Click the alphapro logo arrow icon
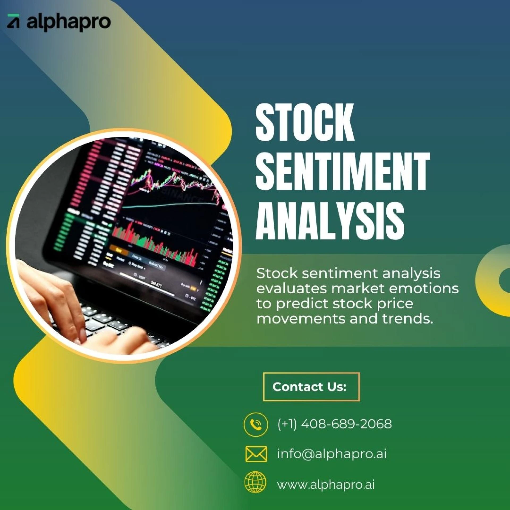click(13, 21)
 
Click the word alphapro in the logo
click(69, 22)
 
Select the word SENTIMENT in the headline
click(343, 171)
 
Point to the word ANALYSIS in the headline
click(330, 220)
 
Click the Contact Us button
click(311, 387)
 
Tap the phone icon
click(256, 424)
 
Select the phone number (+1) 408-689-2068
click(334, 424)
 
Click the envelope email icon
click(256, 454)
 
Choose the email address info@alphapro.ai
click(332, 454)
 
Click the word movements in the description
click(301, 319)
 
